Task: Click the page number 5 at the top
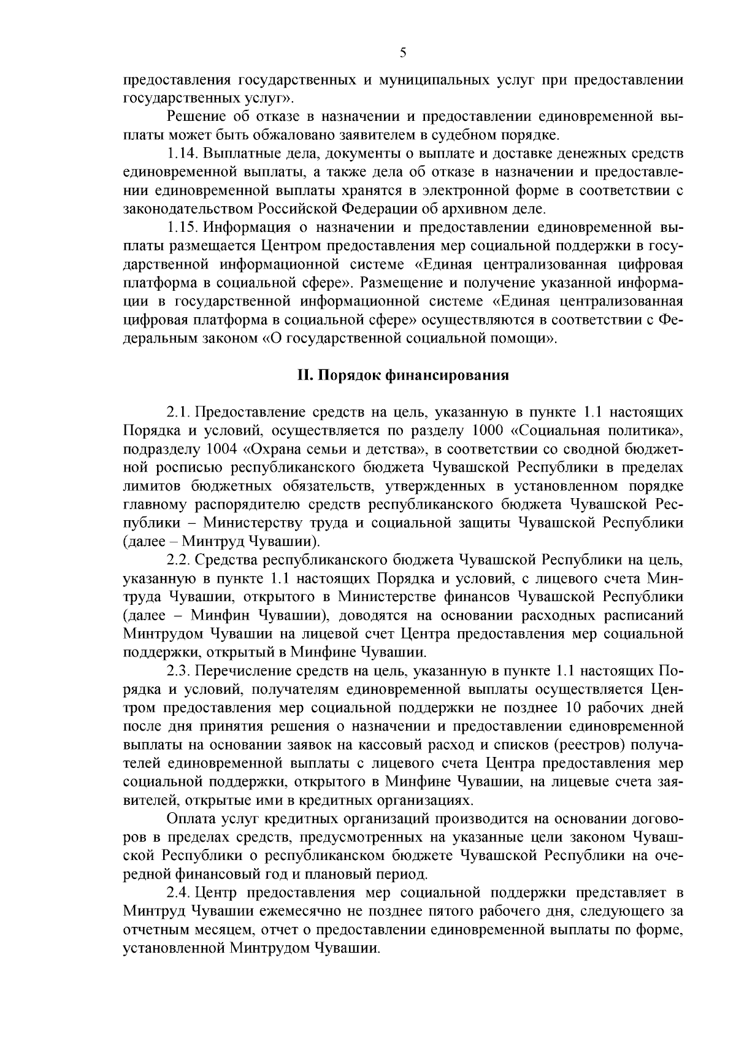402,53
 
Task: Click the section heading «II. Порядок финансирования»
403,375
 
